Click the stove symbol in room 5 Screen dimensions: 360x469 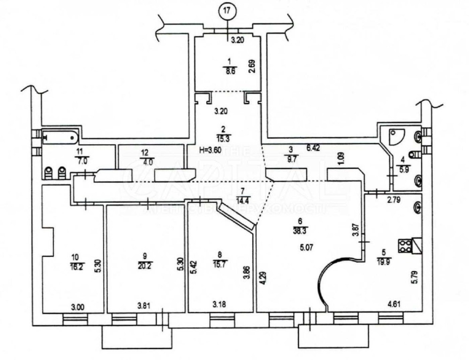pos(407,244)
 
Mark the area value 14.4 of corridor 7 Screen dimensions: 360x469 pos(242,199)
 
